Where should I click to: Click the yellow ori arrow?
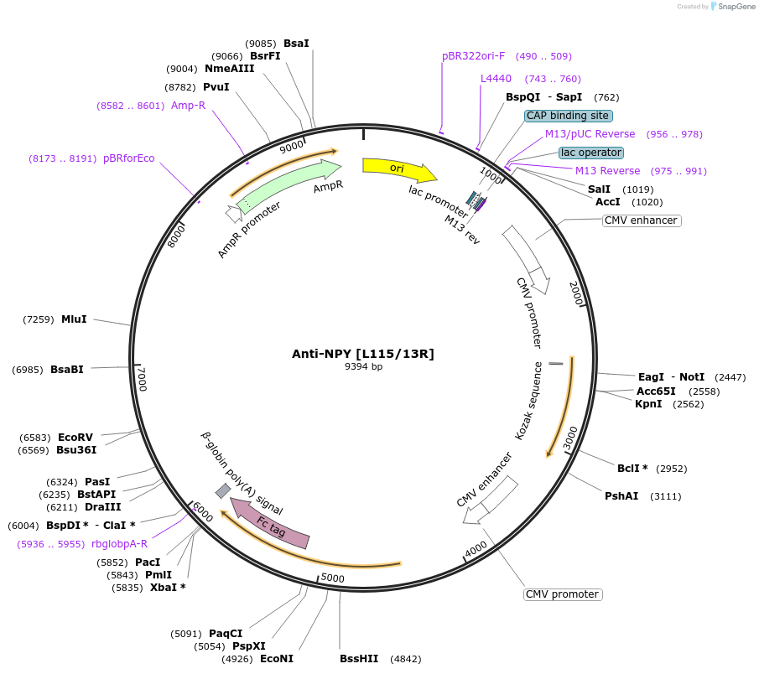pyautogui.click(x=398, y=168)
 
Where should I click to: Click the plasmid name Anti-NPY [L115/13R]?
pyautogui.click(x=362, y=354)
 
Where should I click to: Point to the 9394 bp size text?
pyautogui.click(x=363, y=366)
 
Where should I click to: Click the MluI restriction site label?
pyautogui.click(x=74, y=319)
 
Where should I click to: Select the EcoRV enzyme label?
pyautogui.click(x=75, y=438)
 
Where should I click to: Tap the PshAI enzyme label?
pyautogui.click(x=621, y=496)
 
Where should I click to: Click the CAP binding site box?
pyautogui.click(x=569, y=116)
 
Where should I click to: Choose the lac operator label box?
pyautogui.click(x=591, y=153)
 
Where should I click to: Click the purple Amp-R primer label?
pyautogui.click(x=188, y=106)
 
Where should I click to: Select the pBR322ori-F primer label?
pyautogui.click(x=473, y=56)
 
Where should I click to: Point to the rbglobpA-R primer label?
pyautogui.click(x=119, y=544)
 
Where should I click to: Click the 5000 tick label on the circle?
pyautogui.click(x=333, y=578)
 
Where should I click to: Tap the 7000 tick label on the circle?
pyautogui.click(x=142, y=379)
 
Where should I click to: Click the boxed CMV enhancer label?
pyautogui.click(x=641, y=220)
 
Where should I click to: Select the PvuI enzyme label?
pyautogui.click(x=216, y=87)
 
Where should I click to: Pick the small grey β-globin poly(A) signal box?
pyautogui.click(x=223, y=490)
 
